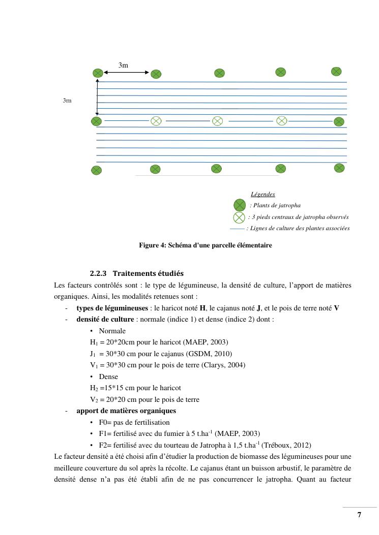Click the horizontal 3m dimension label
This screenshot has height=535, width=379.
[x=123, y=65]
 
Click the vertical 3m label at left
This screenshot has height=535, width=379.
[x=67, y=101]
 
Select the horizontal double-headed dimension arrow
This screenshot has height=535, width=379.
[x=126, y=73]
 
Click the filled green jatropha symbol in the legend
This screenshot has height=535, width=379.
[x=239, y=205]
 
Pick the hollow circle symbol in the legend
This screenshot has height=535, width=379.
[x=239, y=217]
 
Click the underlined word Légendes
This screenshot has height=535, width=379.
[x=263, y=194]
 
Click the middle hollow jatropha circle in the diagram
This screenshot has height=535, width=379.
[x=217, y=121]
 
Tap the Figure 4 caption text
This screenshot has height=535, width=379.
[x=206, y=245]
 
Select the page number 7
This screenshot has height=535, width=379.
[x=359, y=515]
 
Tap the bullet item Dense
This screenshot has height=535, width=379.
[x=108, y=377]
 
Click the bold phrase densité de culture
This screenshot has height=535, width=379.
[x=105, y=320]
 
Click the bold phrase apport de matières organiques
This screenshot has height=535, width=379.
[x=126, y=411]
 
